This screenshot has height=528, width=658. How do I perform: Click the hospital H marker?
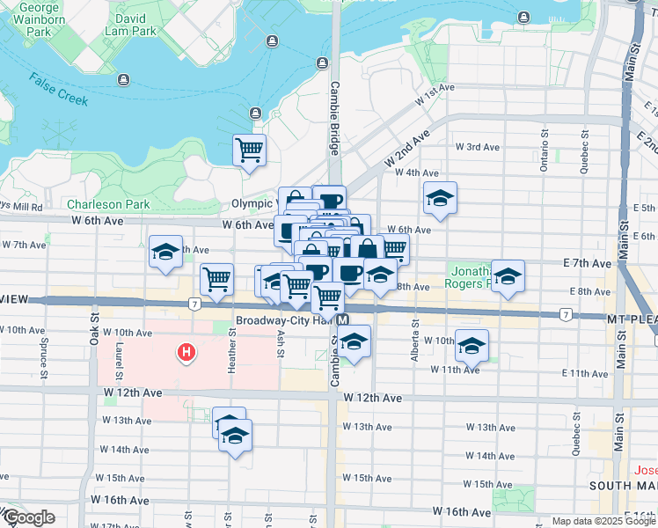click(186, 354)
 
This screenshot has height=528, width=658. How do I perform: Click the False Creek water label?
click(58, 90)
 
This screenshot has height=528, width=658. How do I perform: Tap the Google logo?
click(28, 517)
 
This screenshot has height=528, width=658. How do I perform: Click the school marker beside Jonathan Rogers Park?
click(508, 276)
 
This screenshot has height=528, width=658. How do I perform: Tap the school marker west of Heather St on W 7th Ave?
click(164, 253)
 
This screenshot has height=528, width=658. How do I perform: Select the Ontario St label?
click(545, 158)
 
